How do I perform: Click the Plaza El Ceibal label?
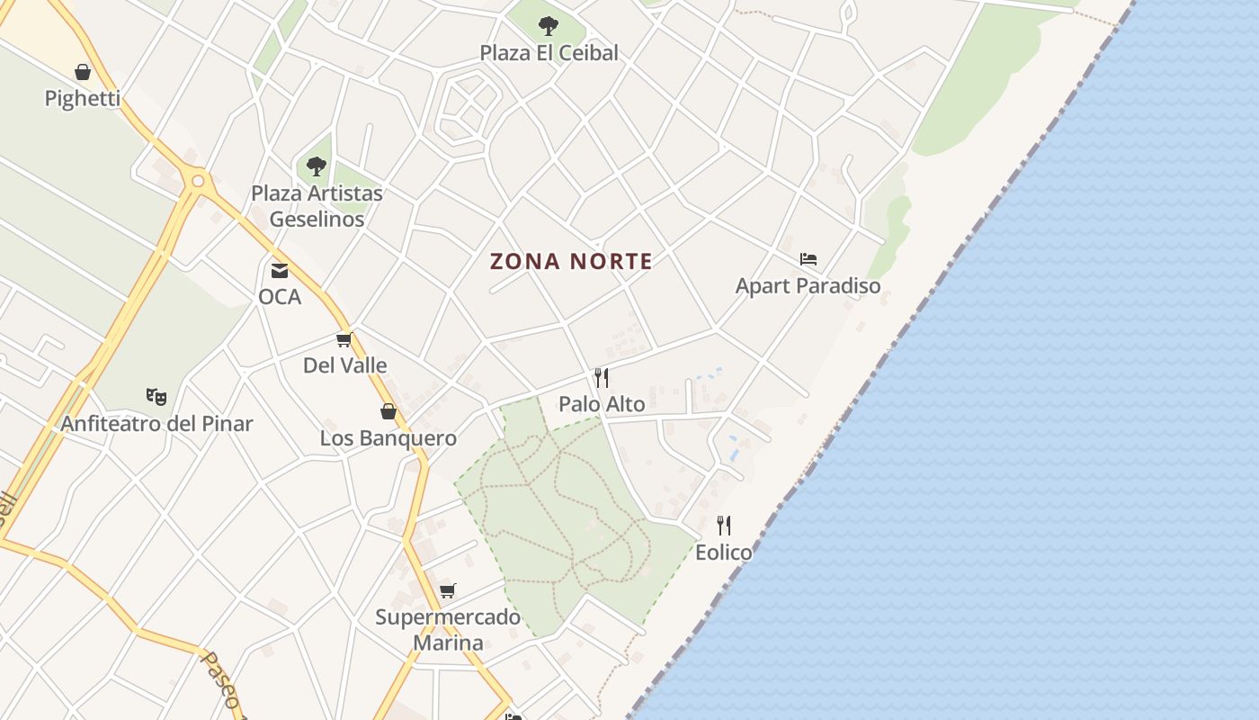(x=549, y=53)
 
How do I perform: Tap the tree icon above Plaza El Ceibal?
(x=549, y=25)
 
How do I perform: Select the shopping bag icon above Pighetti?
(x=83, y=72)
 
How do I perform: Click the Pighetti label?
(x=83, y=98)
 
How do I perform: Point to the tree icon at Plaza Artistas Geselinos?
(x=316, y=166)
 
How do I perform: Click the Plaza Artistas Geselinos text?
(x=317, y=206)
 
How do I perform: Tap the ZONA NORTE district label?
(x=571, y=262)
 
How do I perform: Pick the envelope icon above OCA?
(x=280, y=270)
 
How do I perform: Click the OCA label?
(x=280, y=296)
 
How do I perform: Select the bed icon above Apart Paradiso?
(x=808, y=259)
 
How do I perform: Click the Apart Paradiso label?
(x=808, y=286)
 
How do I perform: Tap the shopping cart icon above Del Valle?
(x=344, y=339)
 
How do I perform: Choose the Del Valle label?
(x=345, y=365)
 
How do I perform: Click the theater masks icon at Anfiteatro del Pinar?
(x=156, y=396)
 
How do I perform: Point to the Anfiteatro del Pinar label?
(x=157, y=423)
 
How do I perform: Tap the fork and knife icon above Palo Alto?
(x=602, y=378)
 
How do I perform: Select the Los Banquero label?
(x=388, y=438)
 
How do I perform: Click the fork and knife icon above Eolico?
(x=724, y=526)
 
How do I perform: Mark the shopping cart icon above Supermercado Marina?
(x=447, y=591)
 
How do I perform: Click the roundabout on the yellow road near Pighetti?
(x=198, y=181)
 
